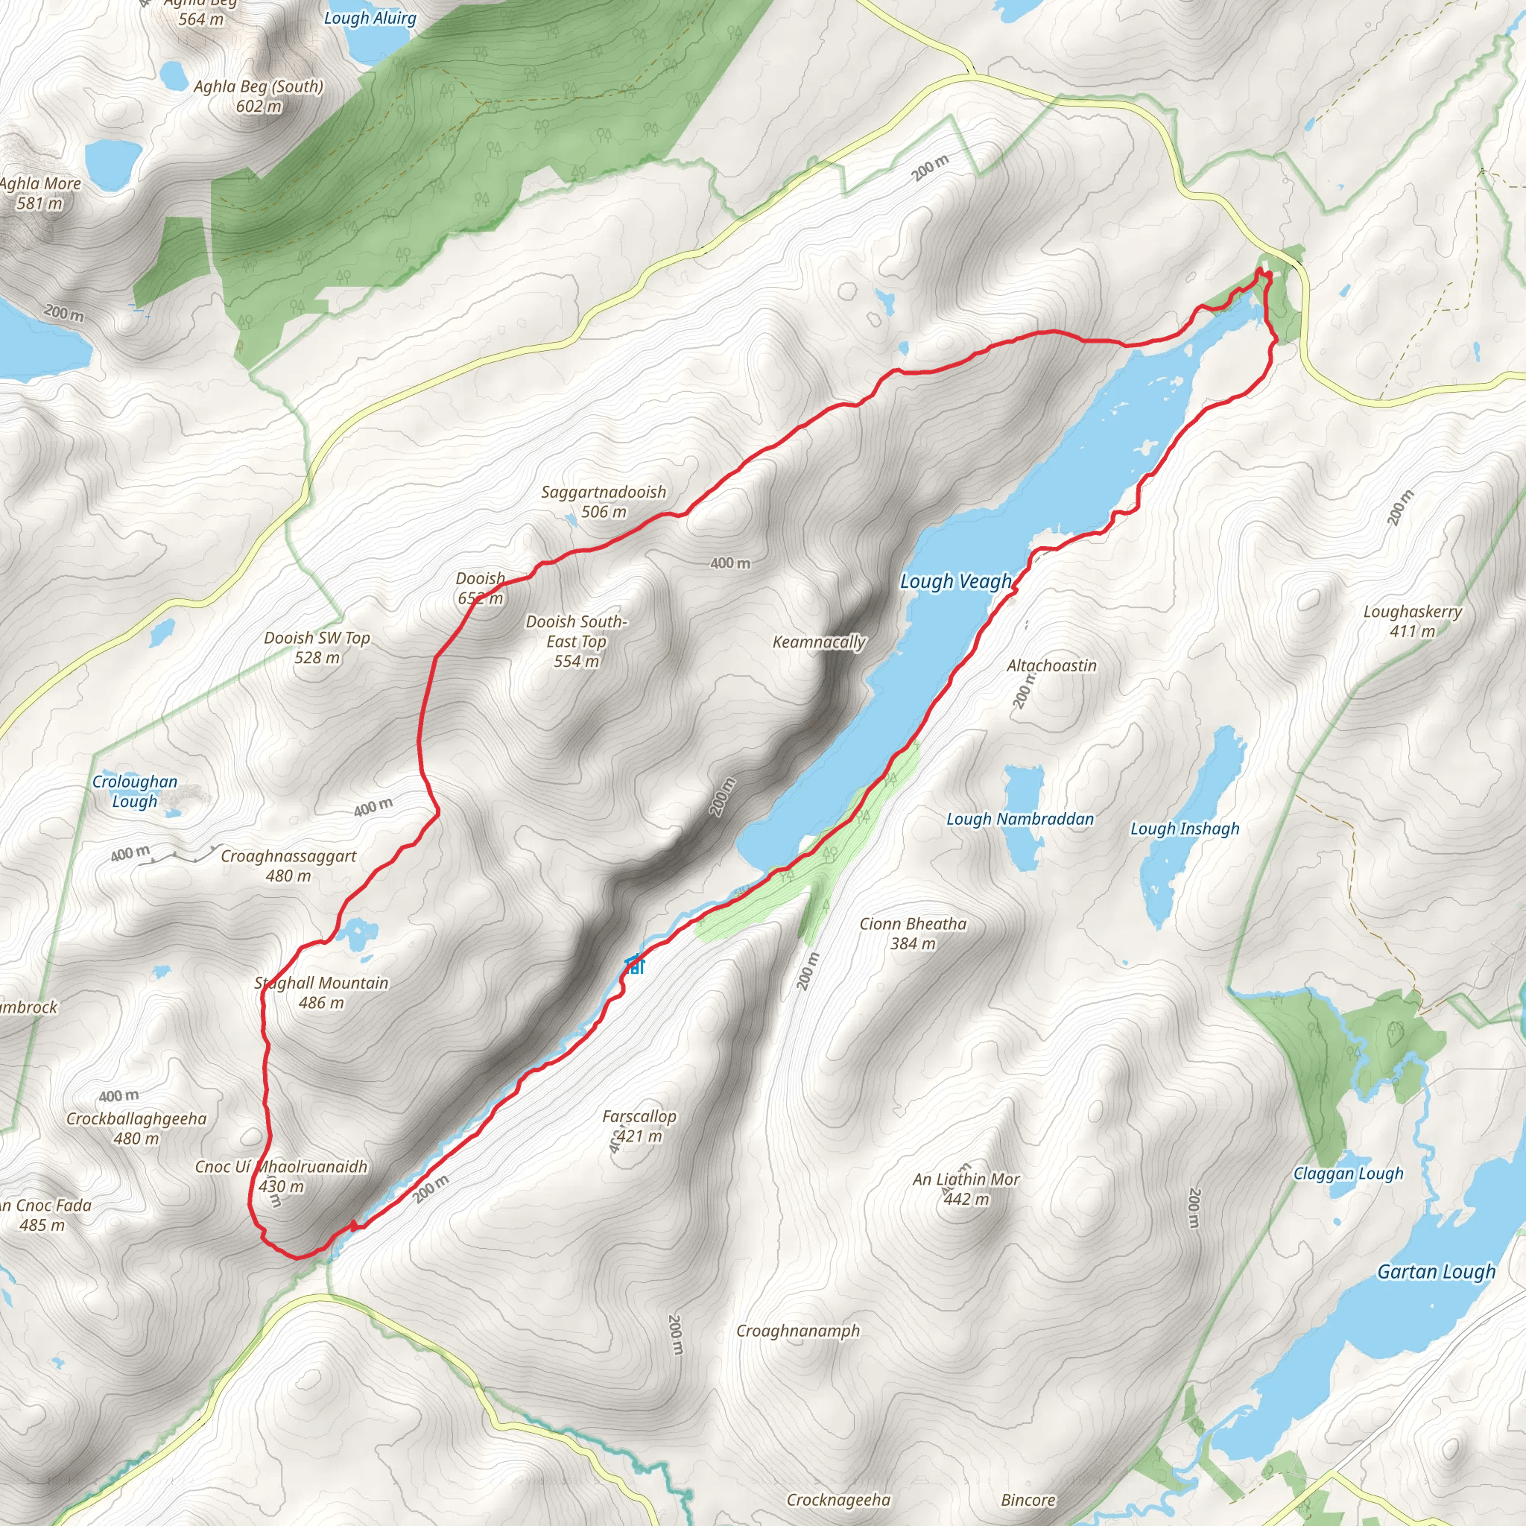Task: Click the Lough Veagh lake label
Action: (956, 582)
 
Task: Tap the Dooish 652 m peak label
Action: (481, 589)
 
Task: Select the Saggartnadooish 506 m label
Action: (604, 501)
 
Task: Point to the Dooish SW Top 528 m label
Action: (317, 648)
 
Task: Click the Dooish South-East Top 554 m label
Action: (577, 642)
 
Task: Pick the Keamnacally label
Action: (819, 642)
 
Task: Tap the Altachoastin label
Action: (1051, 666)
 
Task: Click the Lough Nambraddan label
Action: (1020, 819)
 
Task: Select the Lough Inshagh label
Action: (1184, 829)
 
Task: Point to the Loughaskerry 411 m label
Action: (1412, 621)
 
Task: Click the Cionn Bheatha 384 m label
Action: (912, 934)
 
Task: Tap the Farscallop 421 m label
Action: (639, 1127)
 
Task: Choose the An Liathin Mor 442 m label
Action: (966, 1188)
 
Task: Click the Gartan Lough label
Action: (1436, 1272)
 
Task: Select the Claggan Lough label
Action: (1347, 1174)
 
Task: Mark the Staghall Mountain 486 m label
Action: (320, 992)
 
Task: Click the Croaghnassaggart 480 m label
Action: (288, 866)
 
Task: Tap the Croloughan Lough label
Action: (135, 791)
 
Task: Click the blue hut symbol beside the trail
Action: (634, 964)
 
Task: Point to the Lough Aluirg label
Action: (370, 18)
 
